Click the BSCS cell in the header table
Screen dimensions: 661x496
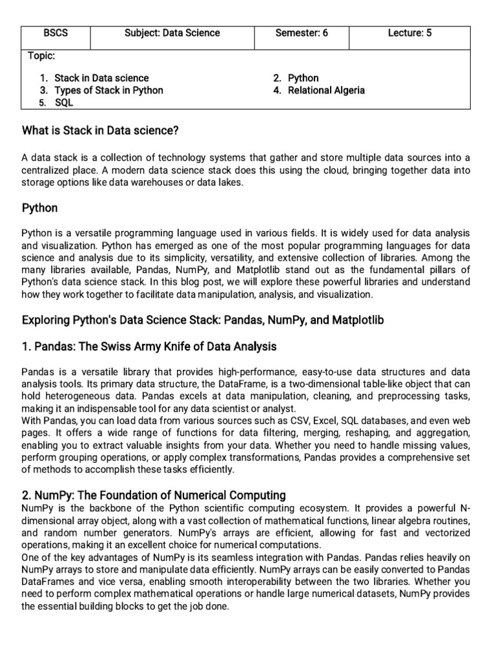point(56,33)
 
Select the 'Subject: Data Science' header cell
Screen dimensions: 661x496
point(172,33)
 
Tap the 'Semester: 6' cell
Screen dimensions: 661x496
point(302,33)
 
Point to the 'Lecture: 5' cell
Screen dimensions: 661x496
point(409,33)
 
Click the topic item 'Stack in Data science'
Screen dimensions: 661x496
point(101,78)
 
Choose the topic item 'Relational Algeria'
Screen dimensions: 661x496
point(326,90)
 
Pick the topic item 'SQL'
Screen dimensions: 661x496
point(64,103)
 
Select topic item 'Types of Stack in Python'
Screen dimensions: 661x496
point(108,90)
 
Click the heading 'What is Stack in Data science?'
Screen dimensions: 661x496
point(100,131)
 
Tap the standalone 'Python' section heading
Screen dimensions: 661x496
point(39,208)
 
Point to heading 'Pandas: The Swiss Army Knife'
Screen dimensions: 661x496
point(149,347)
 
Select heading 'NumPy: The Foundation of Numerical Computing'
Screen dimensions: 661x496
point(154,495)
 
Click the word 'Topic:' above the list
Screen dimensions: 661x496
point(41,56)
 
